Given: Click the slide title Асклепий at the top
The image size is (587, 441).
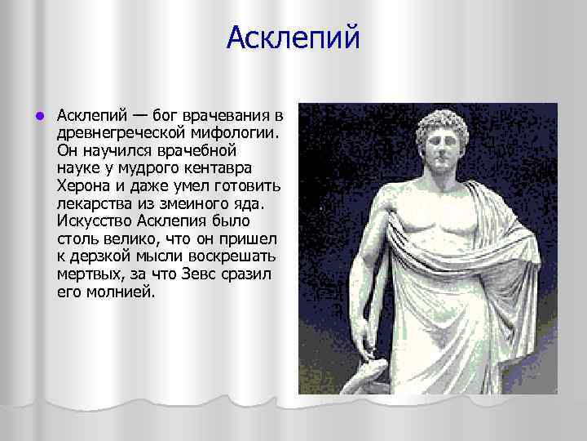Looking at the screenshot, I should [293, 38].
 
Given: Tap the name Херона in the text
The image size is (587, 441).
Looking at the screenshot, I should [82, 187].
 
